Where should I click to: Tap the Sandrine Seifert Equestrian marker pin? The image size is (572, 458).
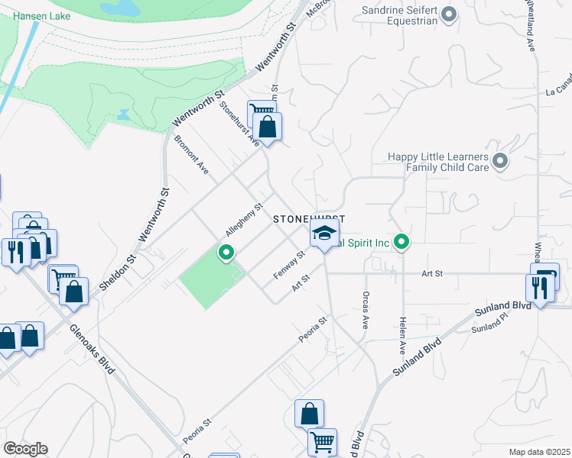coord(450,14)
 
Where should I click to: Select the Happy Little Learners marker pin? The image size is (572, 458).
coord(500,161)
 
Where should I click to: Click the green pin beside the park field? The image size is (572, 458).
coord(226,251)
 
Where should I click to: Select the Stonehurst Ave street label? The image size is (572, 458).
coord(239,122)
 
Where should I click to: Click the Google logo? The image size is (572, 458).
coord(25,449)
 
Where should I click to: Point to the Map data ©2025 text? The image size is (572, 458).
coord(540,452)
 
